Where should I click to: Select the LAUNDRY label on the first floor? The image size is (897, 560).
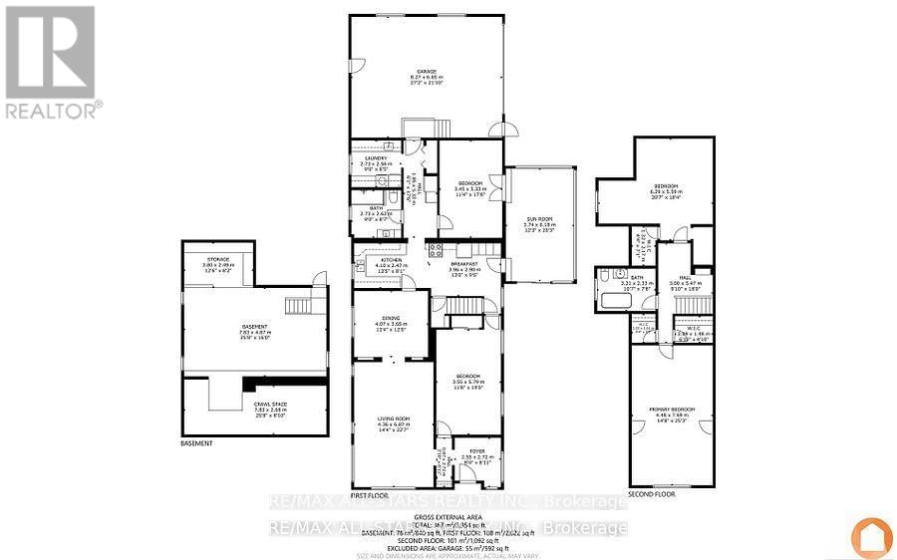[x=375, y=158]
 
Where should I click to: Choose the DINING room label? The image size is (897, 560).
[x=390, y=318]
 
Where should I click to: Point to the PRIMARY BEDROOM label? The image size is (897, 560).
[x=674, y=411]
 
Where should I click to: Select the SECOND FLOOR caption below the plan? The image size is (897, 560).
[x=651, y=494]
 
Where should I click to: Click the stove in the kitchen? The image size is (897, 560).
[x=435, y=248]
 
